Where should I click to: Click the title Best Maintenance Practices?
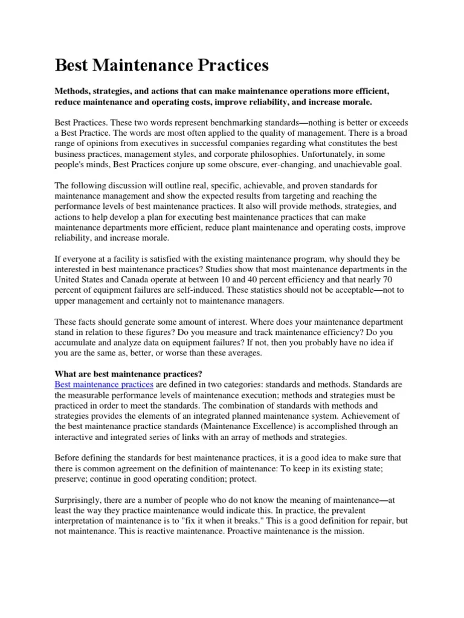(162, 65)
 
